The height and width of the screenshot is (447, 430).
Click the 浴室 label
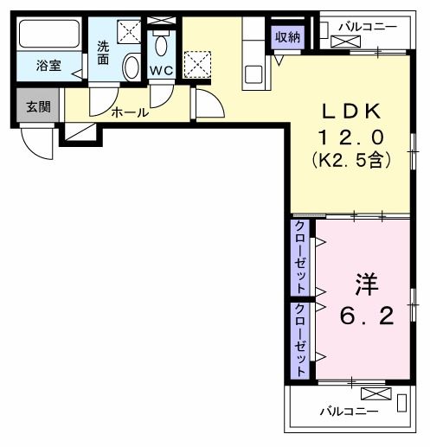pos(48,65)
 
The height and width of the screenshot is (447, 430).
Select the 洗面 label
pos(104,53)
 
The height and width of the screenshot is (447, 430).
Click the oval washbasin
pos(132,67)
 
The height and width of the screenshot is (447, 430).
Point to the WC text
pos(162,70)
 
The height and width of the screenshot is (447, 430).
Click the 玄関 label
pos(37,106)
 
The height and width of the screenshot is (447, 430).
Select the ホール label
pos(131,112)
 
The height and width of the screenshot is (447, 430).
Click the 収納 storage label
pos(287,36)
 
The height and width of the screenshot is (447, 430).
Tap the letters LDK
pos(352,110)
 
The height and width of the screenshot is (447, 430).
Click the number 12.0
pos(352,136)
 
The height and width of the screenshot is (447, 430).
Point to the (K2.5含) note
pos(352,160)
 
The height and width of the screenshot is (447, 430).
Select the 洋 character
pos(365,284)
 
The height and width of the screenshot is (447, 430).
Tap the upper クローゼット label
pos(299,257)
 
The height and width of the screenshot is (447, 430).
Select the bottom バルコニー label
pos(349,412)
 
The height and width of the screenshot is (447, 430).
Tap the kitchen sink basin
pos(254,73)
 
